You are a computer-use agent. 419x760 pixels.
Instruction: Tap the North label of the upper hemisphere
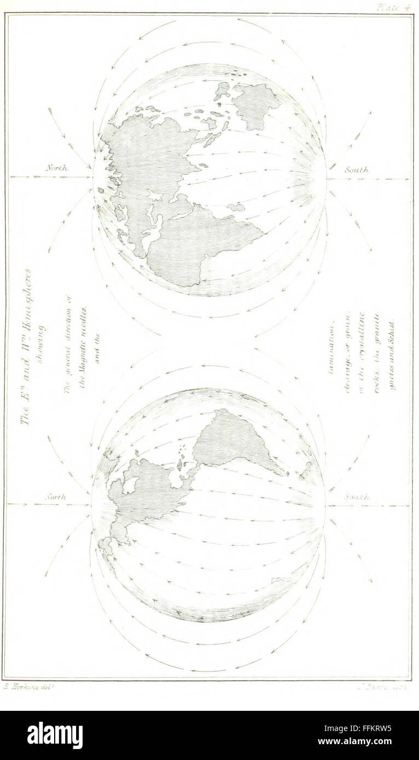(x=56, y=168)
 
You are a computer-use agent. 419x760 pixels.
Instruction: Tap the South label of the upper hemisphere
(x=356, y=170)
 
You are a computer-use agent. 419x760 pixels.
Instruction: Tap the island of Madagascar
(x=236, y=207)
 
